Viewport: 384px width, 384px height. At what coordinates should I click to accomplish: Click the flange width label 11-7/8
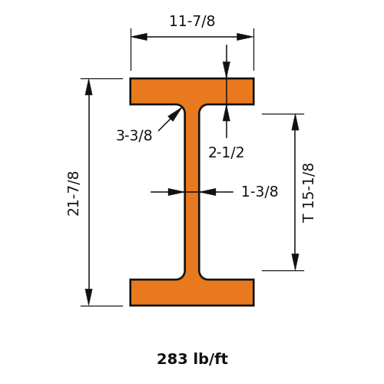tap(192, 21)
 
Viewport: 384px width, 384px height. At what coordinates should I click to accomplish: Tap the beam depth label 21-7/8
tap(73, 194)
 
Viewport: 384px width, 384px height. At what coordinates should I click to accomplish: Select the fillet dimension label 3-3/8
tap(134, 135)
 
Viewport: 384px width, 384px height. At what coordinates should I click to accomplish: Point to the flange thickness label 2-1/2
tap(226, 152)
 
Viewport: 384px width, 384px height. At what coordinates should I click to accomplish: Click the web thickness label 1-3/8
tap(260, 191)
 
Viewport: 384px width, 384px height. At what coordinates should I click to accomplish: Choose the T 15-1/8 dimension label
tap(308, 193)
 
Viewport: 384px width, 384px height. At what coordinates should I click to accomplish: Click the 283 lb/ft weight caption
tap(192, 359)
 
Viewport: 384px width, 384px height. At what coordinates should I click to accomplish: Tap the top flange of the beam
tap(192, 91)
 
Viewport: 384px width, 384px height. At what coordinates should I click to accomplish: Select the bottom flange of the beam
tap(192, 293)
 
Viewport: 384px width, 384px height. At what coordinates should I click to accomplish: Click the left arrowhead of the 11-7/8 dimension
tap(139, 37)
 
